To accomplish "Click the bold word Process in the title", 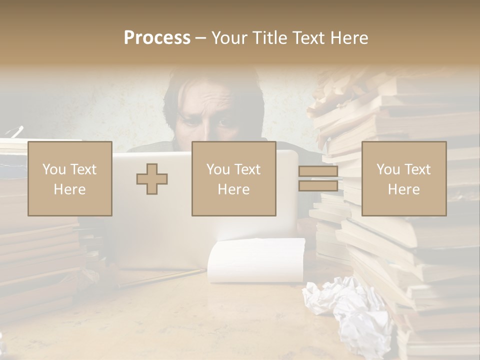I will tap(157, 38).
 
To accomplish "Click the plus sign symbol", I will tap(152, 179).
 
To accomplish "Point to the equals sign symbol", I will tap(318, 179).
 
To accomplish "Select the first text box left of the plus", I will tap(70, 178).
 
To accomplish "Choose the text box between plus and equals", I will tap(233, 178).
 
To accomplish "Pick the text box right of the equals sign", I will tap(403, 178).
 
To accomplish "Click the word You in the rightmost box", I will tap(388, 169).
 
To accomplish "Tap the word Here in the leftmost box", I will tap(70, 189).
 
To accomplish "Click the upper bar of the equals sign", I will tap(318, 171).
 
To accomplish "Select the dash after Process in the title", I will tap(201, 38).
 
